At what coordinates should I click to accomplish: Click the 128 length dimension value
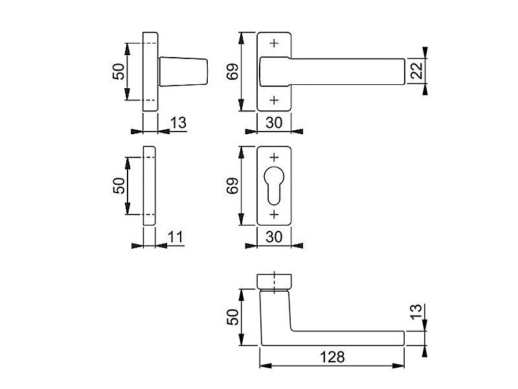tap(332, 357)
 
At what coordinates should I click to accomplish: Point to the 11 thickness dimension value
tap(175, 237)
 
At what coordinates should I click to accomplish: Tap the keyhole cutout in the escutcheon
tap(274, 185)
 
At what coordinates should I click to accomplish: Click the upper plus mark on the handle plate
tap(274, 43)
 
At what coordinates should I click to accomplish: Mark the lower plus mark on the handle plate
tap(274, 100)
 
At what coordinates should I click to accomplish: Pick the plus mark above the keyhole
tap(274, 158)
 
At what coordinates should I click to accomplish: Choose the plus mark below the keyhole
tap(274, 215)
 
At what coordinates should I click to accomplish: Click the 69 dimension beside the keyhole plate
tap(232, 186)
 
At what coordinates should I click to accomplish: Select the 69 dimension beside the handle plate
tap(232, 71)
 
